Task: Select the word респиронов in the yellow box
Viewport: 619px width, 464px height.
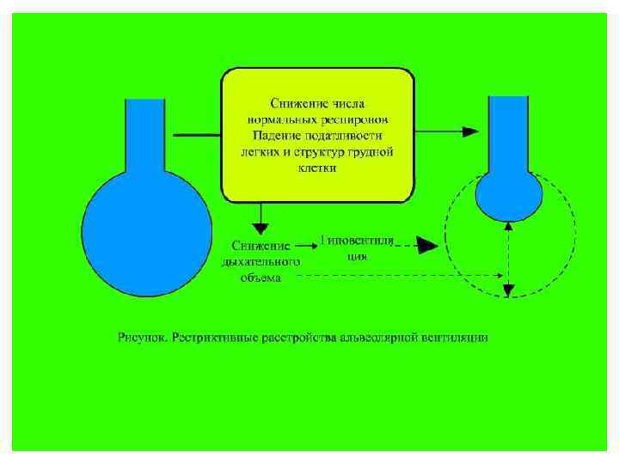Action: pos(360,119)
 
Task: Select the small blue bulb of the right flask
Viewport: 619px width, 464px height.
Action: pos(509,197)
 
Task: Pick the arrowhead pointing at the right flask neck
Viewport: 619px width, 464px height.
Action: pos(469,131)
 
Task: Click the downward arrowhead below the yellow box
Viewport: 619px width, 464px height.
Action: pos(260,226)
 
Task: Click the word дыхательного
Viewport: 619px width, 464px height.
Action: pos(261,262)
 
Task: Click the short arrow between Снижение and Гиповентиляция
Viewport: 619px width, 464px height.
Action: pos(305,244)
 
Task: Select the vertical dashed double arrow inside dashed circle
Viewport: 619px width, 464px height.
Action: pos(508,258)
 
